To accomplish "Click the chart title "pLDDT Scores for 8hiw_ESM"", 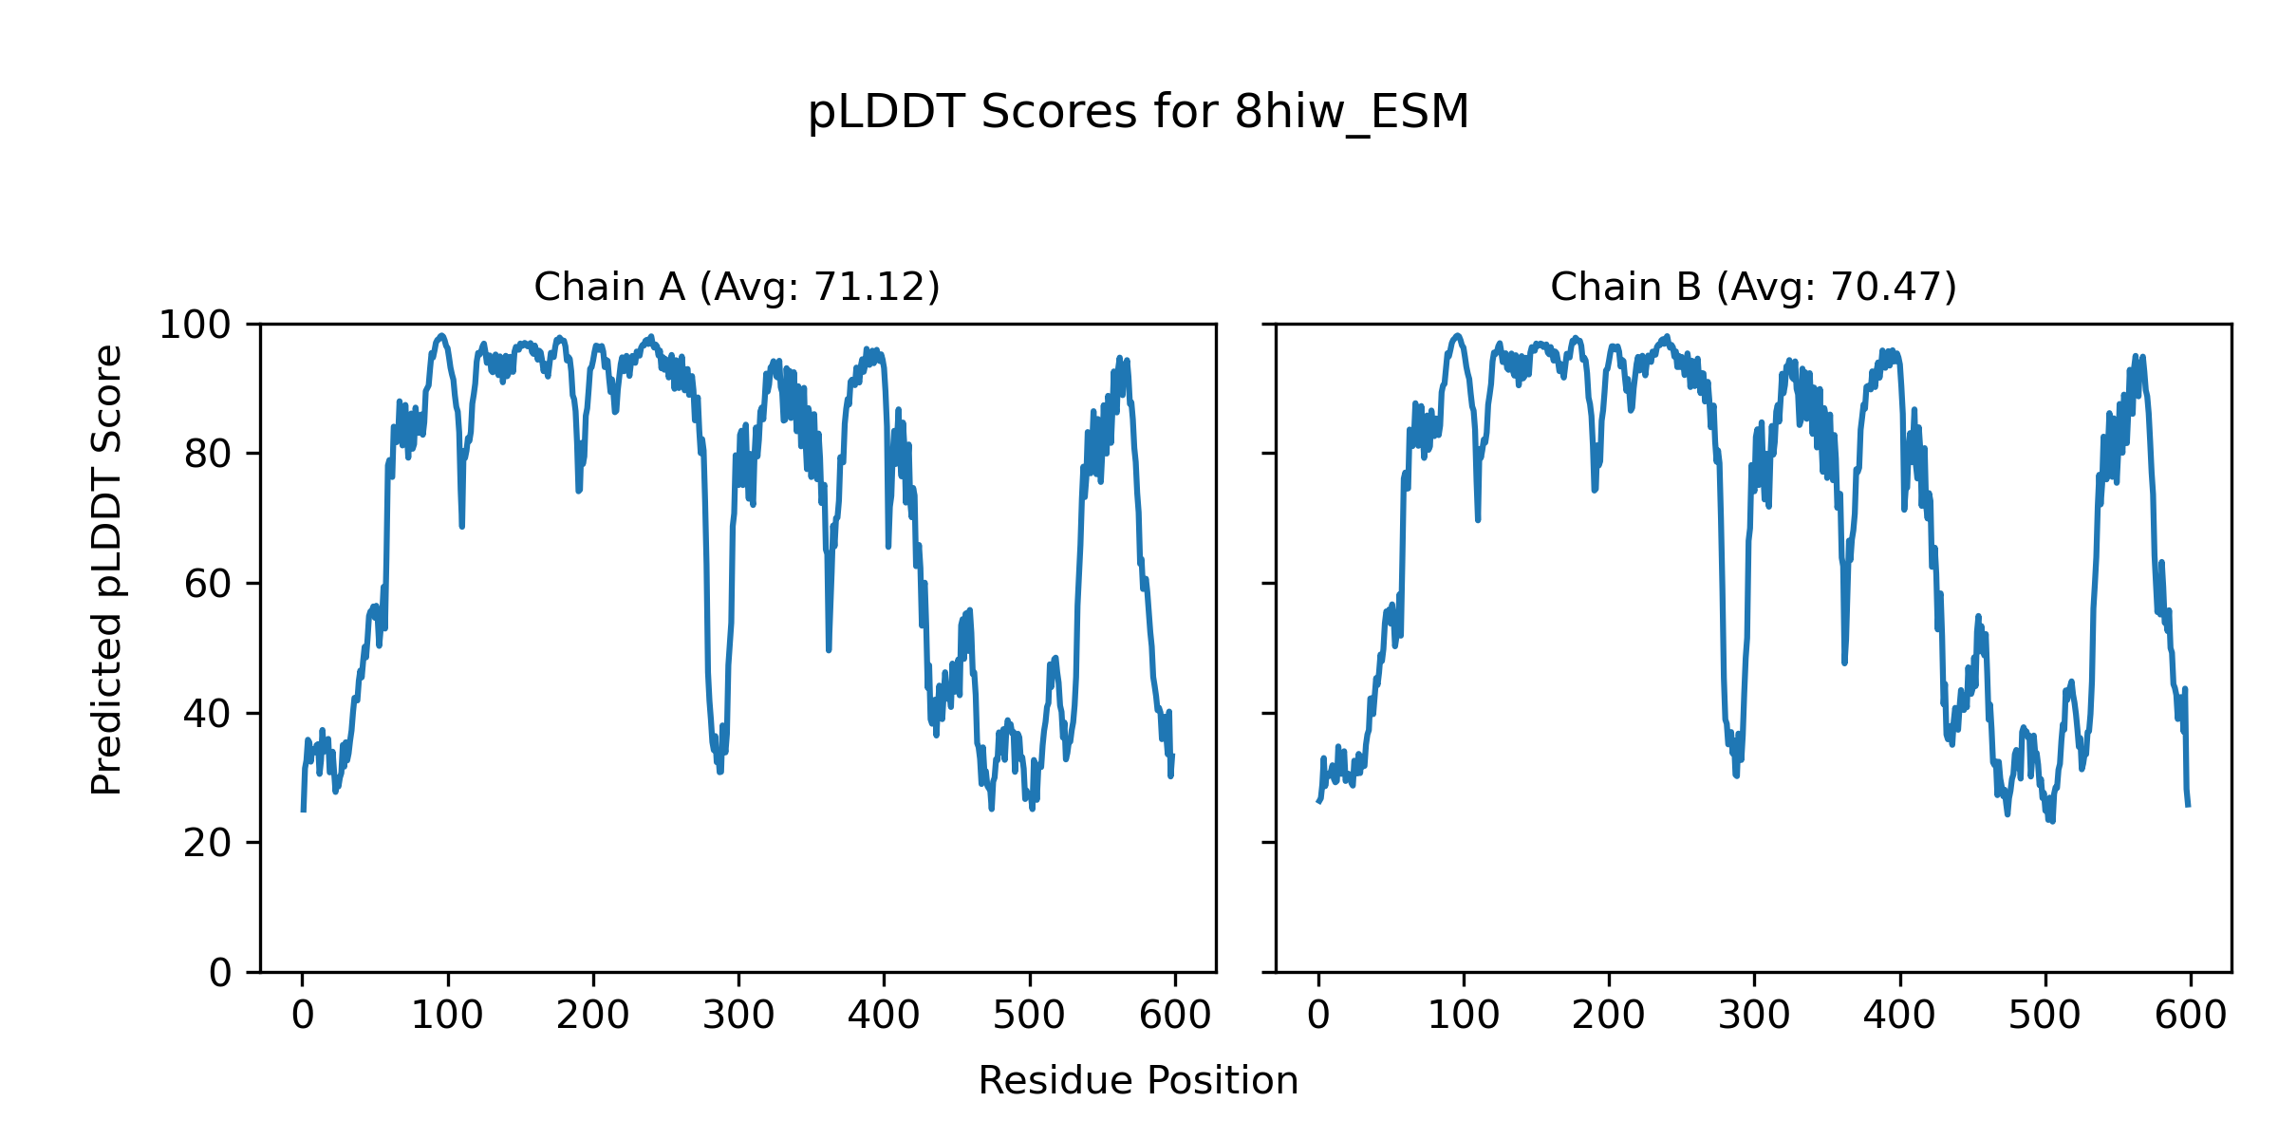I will pos(1138,112).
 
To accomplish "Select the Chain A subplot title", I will pos(737,287).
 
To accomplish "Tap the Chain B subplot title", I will pos(1753,287).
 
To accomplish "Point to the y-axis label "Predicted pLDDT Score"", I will pos(106,569).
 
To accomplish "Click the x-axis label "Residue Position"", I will pos(1138,1081).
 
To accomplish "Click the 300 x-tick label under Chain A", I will pos(738,1016).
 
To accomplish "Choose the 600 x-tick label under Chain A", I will pos(1175,1016).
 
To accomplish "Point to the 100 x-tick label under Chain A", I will pos(447,1016).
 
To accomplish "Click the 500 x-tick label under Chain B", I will pos(2045,1016).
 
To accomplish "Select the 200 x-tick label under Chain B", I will pos(1608,1016).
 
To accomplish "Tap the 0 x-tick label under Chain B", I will pos(1318,1016).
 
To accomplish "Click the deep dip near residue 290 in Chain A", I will pos(720,771).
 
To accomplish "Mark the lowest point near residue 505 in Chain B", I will pos(2052,821).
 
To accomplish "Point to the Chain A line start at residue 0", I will pos(303,810).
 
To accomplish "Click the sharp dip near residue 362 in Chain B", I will pos(1844,663).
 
